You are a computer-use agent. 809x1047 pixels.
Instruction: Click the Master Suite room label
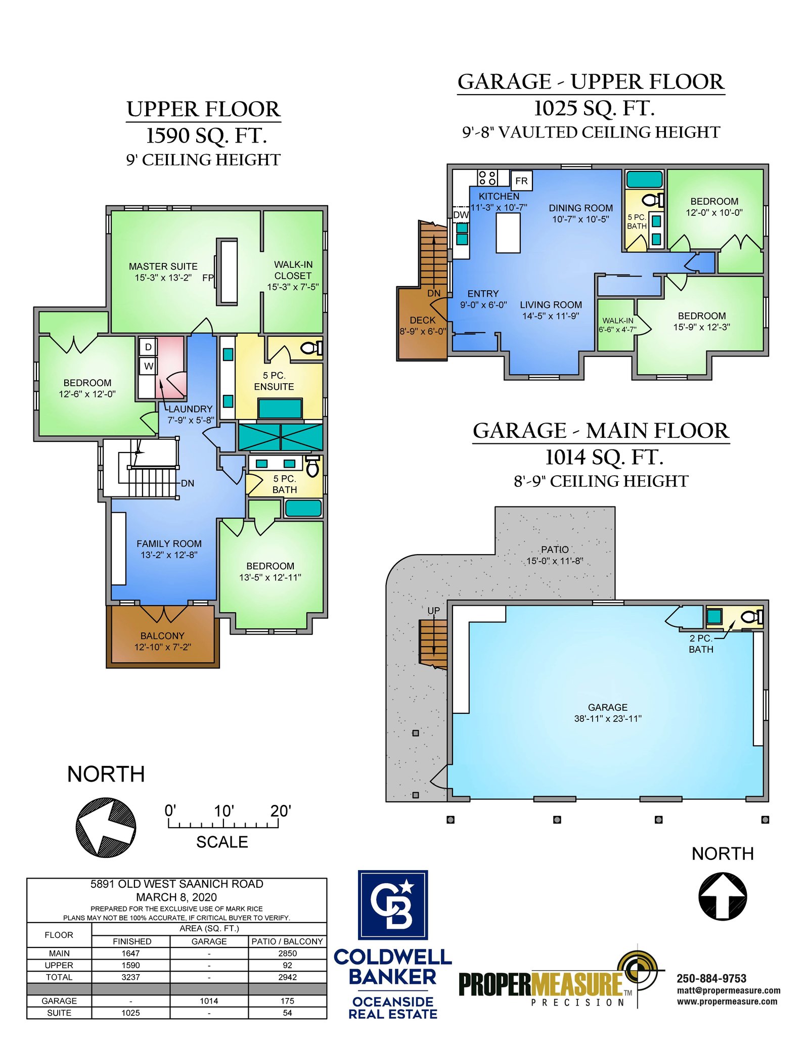[163, 266]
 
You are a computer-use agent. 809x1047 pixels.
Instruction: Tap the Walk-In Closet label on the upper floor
[293, 270]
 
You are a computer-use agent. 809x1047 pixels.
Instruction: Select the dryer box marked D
[148, 347]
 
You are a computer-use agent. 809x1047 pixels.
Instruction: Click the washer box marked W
[148, 366]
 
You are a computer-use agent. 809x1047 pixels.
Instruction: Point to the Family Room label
[169, 543]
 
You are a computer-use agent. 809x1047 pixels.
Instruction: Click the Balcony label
[162, 635]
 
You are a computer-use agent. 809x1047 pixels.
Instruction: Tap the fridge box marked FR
[521, 180]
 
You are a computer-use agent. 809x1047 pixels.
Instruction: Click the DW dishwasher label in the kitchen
[461, 215]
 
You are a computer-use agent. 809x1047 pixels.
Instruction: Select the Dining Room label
[580, 208]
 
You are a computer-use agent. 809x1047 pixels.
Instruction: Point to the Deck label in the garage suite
[423, 320]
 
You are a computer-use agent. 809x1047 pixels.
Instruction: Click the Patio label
[555, 550]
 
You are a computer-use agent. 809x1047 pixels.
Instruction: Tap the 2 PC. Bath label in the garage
[701, 644]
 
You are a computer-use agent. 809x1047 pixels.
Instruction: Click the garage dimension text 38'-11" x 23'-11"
[608, 718]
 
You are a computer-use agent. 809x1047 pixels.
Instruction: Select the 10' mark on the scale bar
[223, 811]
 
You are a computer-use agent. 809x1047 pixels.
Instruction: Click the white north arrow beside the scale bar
[106, 827]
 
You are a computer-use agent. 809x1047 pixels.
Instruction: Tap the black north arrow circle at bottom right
[723, 896]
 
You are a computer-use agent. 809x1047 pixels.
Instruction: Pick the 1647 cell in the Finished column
[130, 953]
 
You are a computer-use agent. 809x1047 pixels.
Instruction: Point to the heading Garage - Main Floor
[601, 431]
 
